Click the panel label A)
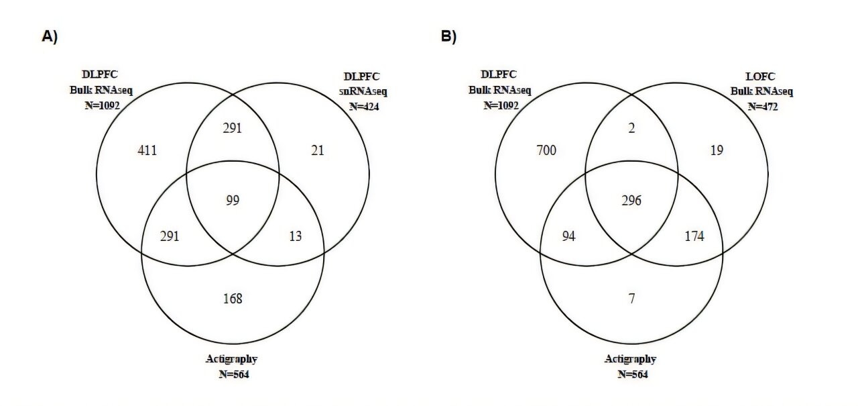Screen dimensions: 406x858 [49, 37]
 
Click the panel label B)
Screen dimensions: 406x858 [448, 37]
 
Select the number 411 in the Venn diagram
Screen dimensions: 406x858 [147, 151]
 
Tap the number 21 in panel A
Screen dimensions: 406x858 [318, 151]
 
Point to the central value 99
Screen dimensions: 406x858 [233, 200]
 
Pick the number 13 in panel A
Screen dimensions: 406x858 [296, 236]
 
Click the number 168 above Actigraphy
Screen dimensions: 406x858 [233, 298]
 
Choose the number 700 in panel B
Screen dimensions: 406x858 [546, 151]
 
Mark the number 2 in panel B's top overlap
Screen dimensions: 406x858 [632, 128]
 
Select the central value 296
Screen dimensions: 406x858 [632, 200]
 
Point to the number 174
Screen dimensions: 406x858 [694, 236]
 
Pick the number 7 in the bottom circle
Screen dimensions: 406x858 [632, 298]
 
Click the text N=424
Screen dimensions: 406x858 [362, 107]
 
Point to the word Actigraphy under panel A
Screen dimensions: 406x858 [232, 359]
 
